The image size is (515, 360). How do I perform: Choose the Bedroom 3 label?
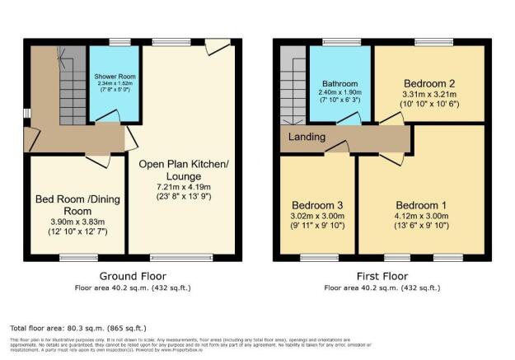316,205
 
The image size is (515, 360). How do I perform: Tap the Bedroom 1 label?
420,205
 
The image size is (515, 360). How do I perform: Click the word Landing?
307,137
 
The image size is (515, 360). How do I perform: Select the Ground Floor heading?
133,276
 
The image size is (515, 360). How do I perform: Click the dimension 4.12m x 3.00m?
420,217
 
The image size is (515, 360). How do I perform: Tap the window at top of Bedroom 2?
428,42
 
